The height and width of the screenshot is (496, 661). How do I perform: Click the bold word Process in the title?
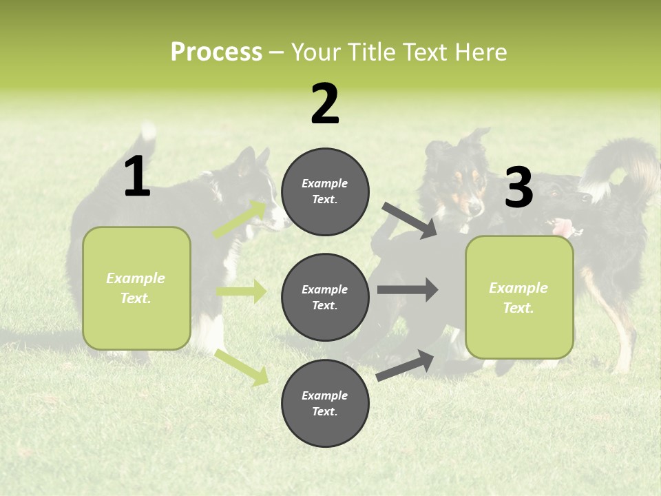click(216, 52)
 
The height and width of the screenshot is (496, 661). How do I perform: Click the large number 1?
click(137, 177)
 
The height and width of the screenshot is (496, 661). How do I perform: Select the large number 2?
click(325, 104)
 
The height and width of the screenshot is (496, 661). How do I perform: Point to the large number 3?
click(518, 188)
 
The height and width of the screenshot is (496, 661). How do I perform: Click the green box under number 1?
click(136, 288)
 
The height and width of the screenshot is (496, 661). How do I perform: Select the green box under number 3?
click(519, 298)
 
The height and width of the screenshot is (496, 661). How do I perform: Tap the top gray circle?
click(325, 192)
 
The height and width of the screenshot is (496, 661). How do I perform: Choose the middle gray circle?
click(325, 297)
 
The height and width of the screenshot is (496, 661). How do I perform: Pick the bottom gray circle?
click(325, 403)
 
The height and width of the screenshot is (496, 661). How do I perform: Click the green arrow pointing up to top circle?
click(240, 219)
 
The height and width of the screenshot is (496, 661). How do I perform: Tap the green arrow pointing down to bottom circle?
click(241, 366)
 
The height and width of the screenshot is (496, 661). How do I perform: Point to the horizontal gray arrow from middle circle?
click(407, 289)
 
